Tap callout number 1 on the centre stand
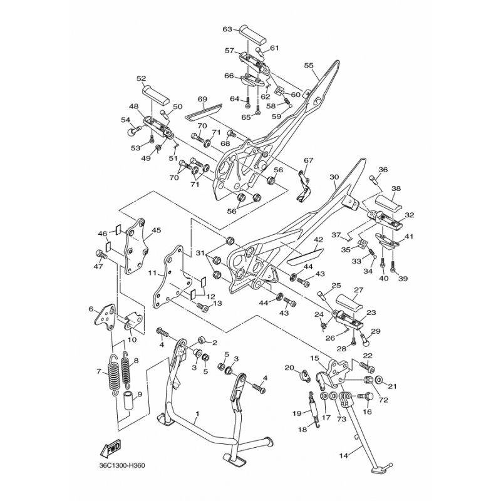coord(197,415)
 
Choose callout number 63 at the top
coord(227,29)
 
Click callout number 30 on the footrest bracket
coord(334,177)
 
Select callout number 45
coord(157,230)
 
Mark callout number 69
coord(202,99)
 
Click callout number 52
coord(142,79)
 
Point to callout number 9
coord(139,395)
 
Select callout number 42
coord(318,240)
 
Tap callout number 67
coord(307,161)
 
